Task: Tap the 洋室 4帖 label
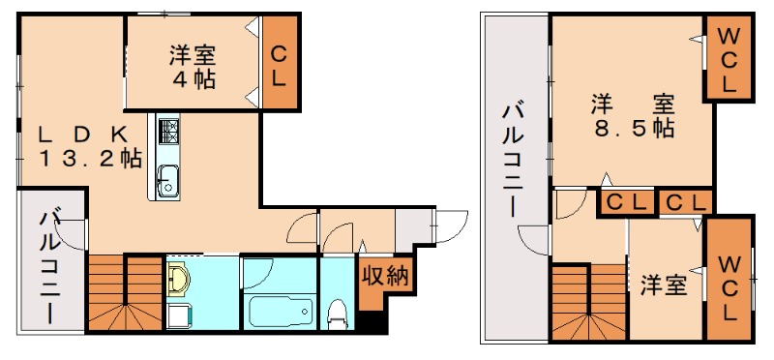(193, 66)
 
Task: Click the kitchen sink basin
(166, 178)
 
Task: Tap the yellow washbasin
(178, 281)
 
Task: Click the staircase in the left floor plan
(125, 295)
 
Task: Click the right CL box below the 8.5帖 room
(685, 203)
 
